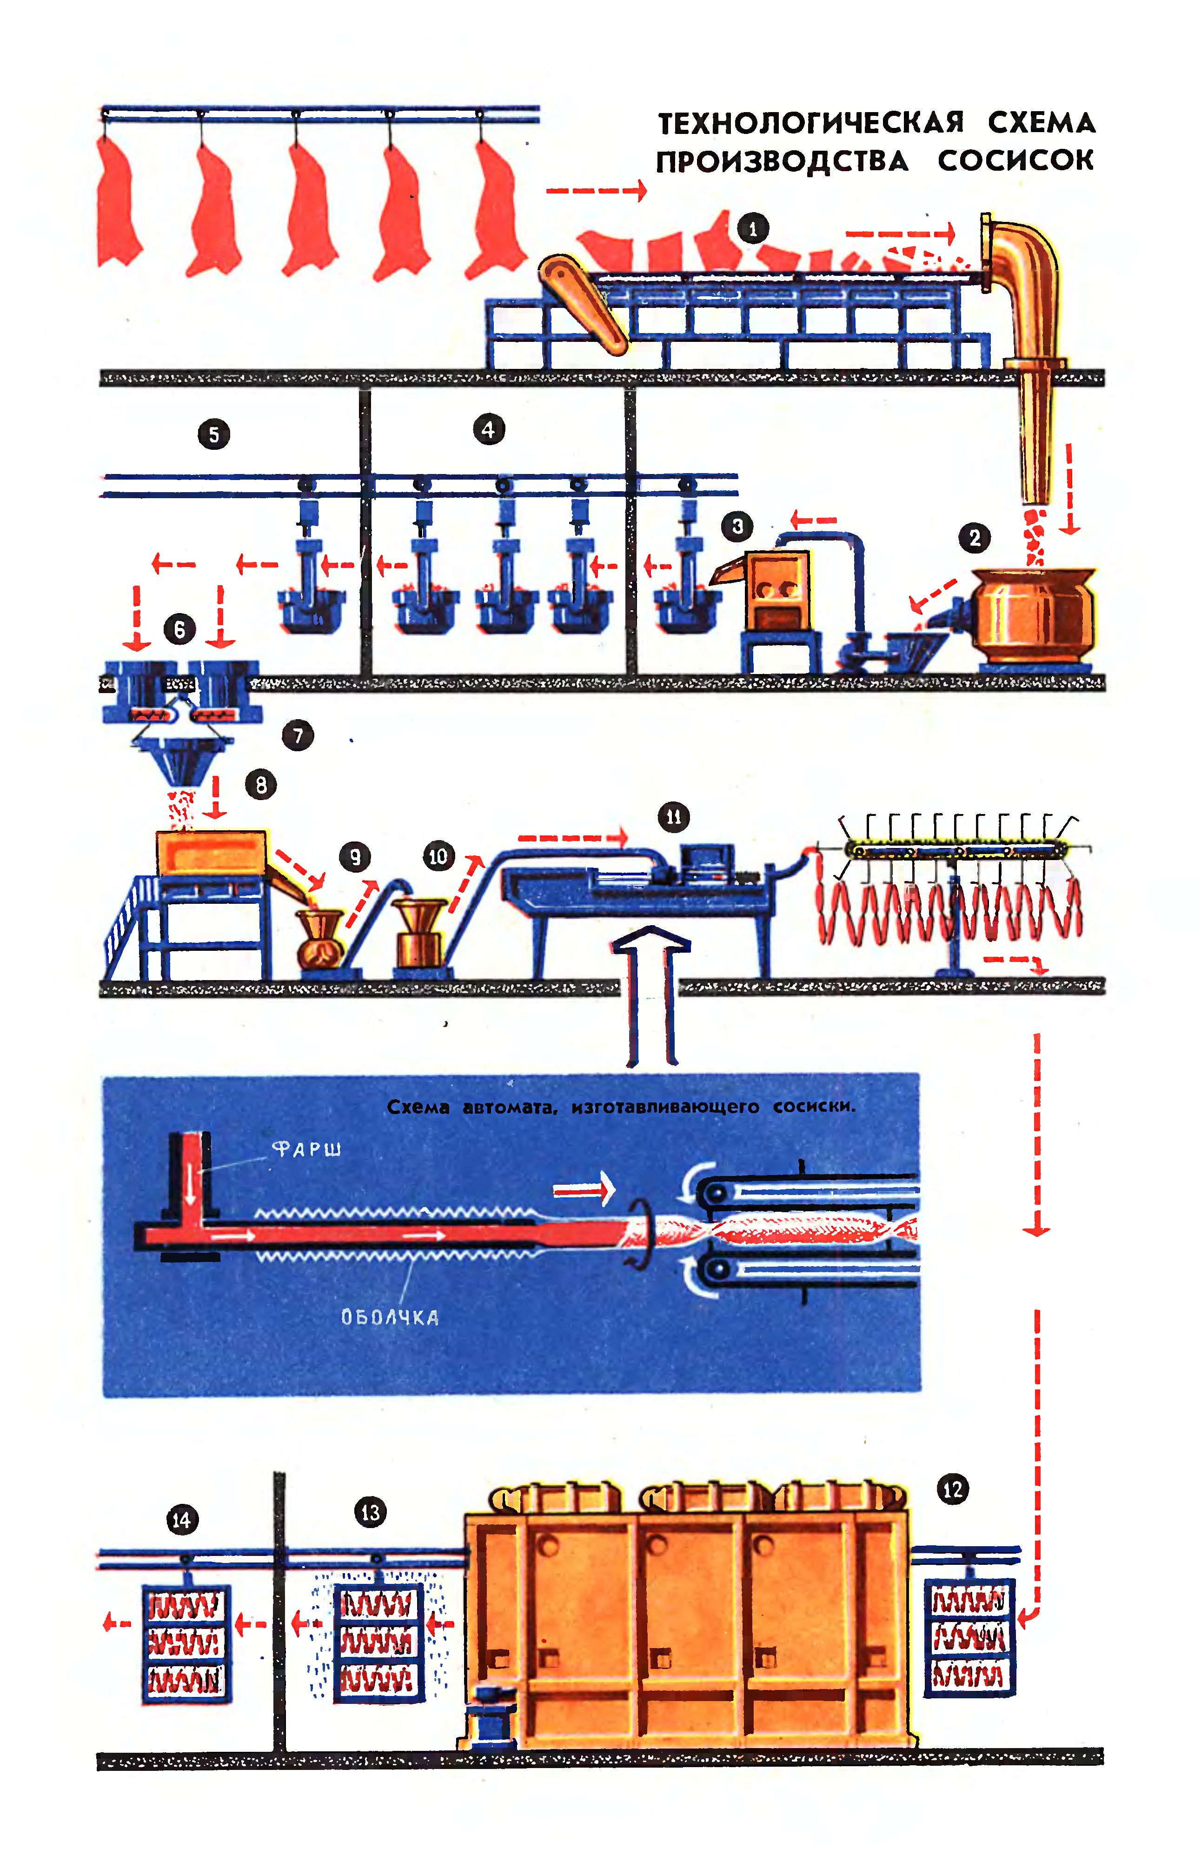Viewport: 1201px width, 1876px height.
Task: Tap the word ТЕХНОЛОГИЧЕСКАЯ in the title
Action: [x=811, y=123]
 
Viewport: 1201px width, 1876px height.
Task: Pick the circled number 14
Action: [x=182, y=1520]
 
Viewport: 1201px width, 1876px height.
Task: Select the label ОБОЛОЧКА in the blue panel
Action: [x=390, y=1317]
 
